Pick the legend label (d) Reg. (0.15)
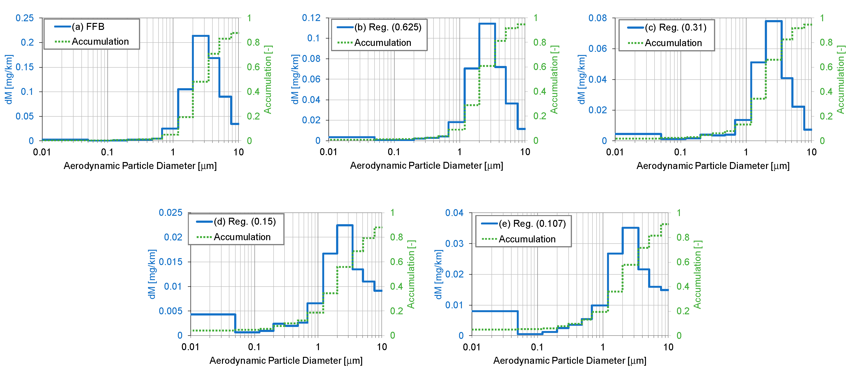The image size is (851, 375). [x=244, y=221]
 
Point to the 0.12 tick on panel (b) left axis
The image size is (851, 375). [x=311, y=18]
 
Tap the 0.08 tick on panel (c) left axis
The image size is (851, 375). [x=598, y=18]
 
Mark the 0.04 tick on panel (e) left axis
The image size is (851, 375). [x=454, y=213]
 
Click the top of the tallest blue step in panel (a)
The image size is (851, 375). [x=201, y=36]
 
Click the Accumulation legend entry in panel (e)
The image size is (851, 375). [x=527, y=239]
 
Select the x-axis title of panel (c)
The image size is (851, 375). [x=713, y=165]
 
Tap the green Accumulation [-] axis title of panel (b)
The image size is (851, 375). [x=554, y=79]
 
